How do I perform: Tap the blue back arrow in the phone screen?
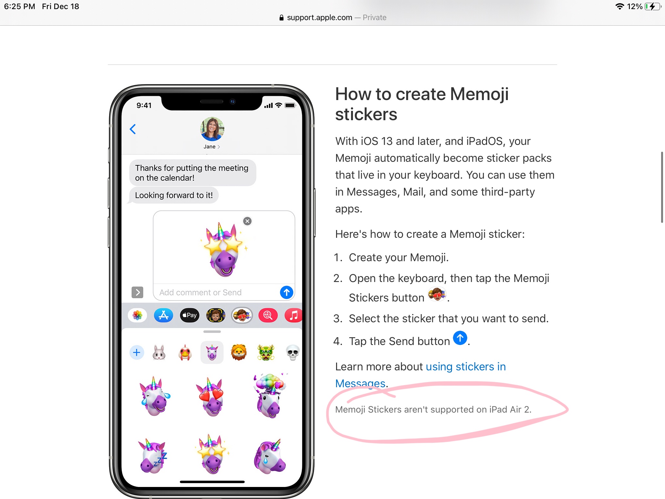pos(133,129)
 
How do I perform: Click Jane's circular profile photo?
pos(212,129)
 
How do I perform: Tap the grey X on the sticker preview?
pos(247,221)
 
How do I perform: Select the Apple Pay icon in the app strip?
pos(190,315)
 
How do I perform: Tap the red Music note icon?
pos(293,315)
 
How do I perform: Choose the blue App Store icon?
pos(163,315)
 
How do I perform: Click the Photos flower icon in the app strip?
pos(137,315)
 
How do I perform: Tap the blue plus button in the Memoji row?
pos(137,352)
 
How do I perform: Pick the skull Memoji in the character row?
pos(293,353)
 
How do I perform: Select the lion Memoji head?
pos(239,352)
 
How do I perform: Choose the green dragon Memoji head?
pos(266,352)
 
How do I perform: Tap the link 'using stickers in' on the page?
pos(466,366)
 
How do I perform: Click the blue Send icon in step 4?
pos(460,338)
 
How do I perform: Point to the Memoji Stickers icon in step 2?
pos(437,294)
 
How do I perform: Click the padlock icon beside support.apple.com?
pos(282,18)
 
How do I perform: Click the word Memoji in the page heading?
pos(479,94)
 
